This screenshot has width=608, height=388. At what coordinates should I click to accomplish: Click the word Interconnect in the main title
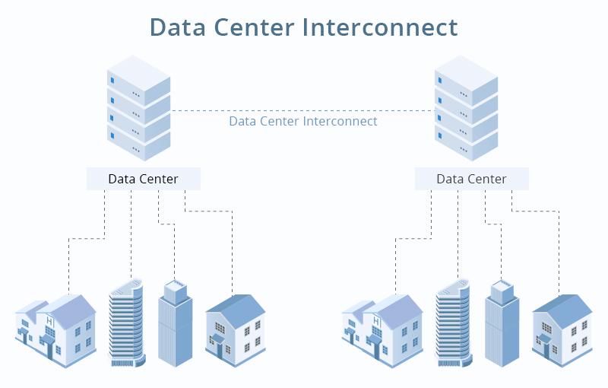tap(379, 27)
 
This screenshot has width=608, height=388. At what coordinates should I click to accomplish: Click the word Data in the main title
tap(178, 27)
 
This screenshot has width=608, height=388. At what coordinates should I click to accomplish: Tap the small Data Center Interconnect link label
tap(302, 121)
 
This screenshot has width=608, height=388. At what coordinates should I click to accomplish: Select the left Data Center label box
tap(144, 179)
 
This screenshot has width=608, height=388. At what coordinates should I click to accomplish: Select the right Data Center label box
tap(471, 179)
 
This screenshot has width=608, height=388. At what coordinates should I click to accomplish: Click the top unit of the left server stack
tap(139, 80)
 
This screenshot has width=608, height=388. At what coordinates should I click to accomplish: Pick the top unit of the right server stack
tap(466, 80)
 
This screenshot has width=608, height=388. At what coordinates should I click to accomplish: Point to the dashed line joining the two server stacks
tap(302, 111)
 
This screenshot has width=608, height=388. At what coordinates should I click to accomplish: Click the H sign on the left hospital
tap(49, 321)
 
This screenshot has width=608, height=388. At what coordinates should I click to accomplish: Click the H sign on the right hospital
tap(376, 321)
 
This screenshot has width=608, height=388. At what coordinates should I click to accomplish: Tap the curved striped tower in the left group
tap(126, 323)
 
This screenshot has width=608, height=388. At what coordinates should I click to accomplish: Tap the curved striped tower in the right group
tap(453, 323)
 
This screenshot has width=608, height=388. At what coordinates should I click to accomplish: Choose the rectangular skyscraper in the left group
tap(176, 324)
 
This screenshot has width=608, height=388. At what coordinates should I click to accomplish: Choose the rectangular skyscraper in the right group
tap(502, 324)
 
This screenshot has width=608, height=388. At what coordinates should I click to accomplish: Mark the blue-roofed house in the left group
tap(236, 330)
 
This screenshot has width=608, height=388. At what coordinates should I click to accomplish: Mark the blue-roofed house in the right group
tap(562, 330)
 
